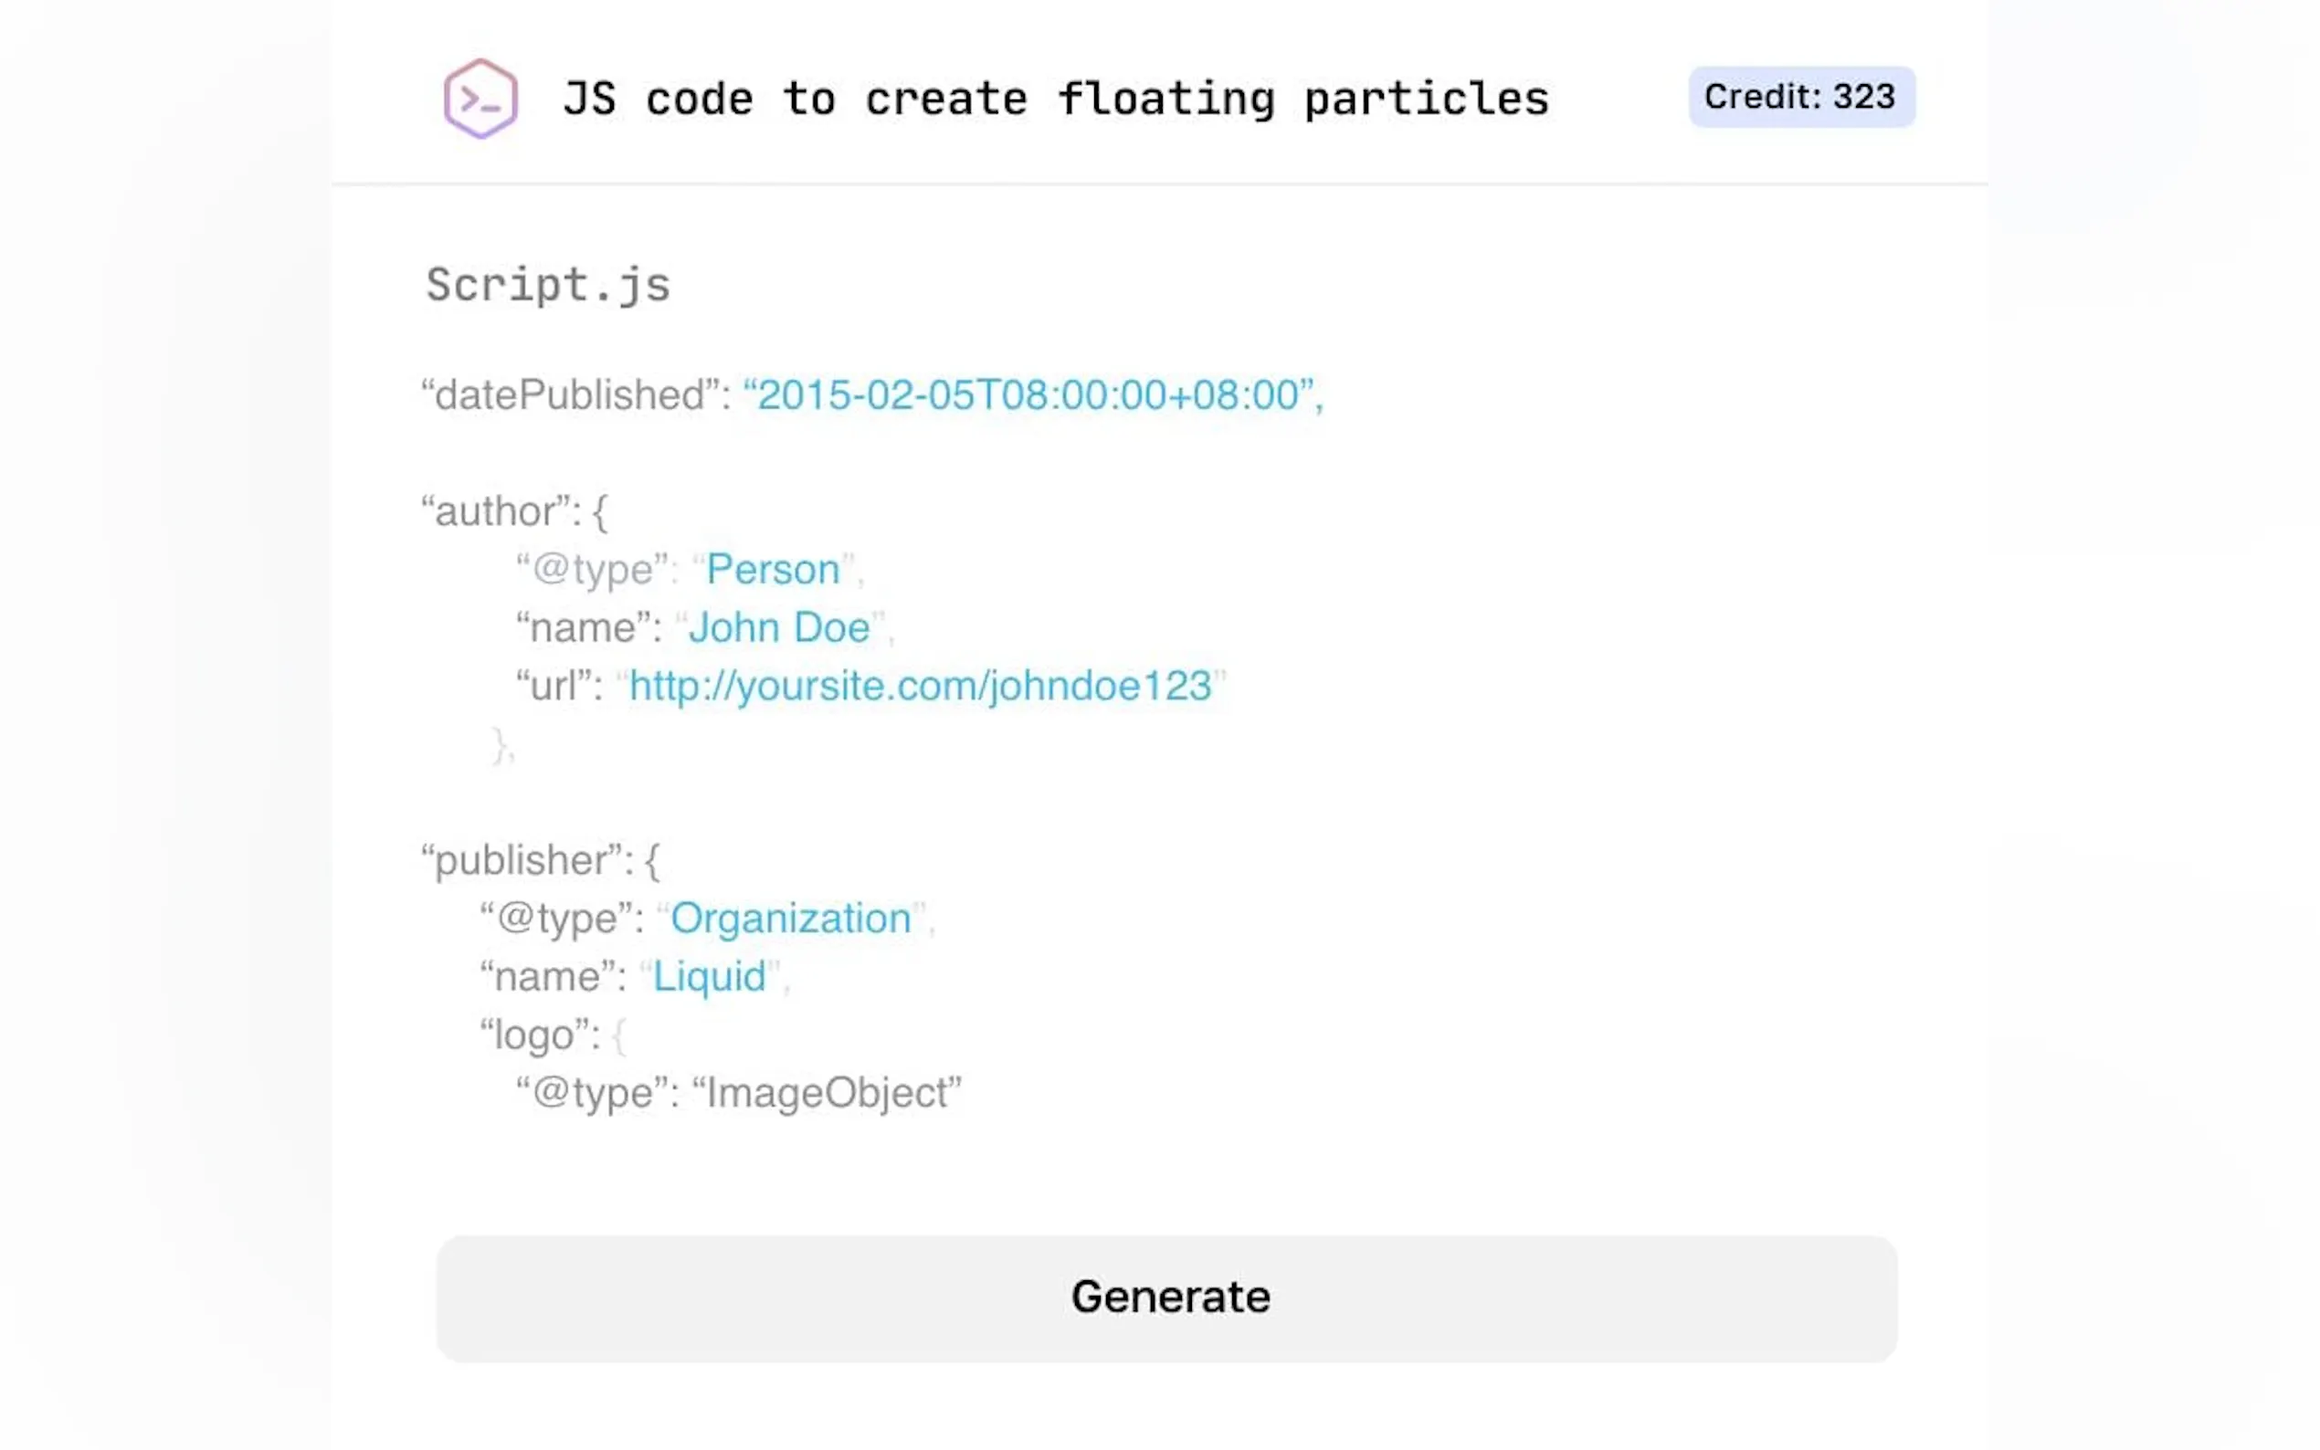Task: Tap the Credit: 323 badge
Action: [x=1800, y=97]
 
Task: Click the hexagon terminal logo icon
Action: [x=480, y=99]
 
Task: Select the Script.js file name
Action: [x=548, y=285]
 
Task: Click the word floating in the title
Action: [x=1165, y=100]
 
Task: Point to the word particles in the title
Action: [x=1425, y=100]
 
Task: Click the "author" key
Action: [x=499, y=511]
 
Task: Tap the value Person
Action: [x=773, y=570]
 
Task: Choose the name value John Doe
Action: [x=779, y=628]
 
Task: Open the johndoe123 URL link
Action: [x=920, y=687]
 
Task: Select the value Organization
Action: [x=790, y=919]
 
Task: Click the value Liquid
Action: [x=710, y=977]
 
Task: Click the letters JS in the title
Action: [x=589, y=100]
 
